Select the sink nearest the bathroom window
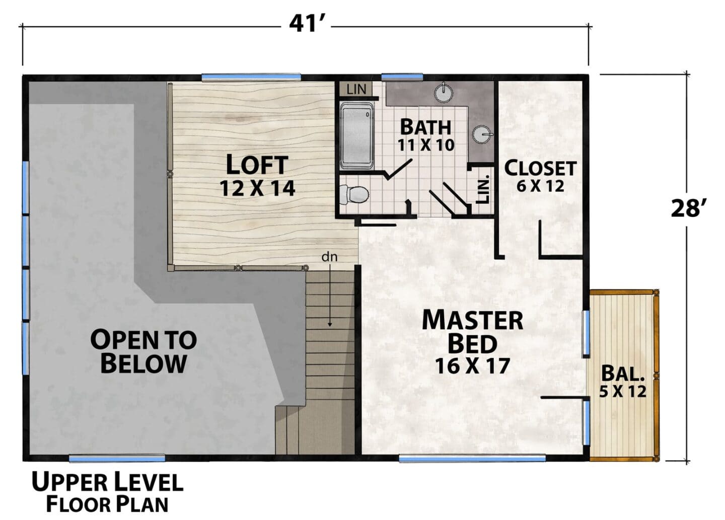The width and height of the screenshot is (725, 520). (x=444, y=92)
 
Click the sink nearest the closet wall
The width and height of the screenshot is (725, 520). (x=482, y=134)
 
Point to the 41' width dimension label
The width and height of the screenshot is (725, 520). (x=305, y=25)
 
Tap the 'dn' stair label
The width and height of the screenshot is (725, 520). (x=329, y=257)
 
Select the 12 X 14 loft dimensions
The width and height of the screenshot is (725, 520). (x=257, y=188)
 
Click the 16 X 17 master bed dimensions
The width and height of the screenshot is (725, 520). (x=473, y=365)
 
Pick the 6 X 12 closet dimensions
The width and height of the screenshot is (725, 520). (x=540, y=186)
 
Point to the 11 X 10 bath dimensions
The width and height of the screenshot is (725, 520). (x=425, y=145)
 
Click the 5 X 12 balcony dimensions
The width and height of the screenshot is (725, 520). (x=623, y=392)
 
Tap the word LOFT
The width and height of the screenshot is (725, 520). (x=257, y=165)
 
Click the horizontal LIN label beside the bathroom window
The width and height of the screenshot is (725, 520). (x=356, y=89)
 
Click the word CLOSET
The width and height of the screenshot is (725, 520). (x=540, y=168)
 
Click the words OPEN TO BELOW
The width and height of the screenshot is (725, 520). (x=143, y=351)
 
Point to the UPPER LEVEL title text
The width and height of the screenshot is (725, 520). (x=107, y=482)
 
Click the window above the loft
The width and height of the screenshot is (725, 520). (x=251, y=78)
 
